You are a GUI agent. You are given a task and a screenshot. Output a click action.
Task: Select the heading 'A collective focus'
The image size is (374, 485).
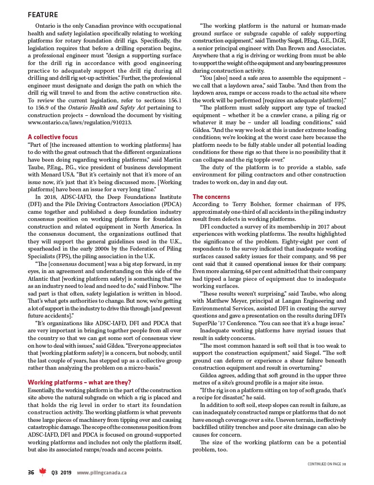click(x=53, y=137)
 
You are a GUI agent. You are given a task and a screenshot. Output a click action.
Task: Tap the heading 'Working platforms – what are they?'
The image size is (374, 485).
click(x=79, y=382)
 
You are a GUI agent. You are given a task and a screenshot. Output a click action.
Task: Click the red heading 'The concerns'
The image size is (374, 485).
click(x=211, y=197)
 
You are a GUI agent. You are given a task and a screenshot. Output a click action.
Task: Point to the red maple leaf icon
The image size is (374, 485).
click(x=43, y=472)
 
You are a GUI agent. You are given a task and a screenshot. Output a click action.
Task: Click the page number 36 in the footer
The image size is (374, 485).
click(x=31, y=473)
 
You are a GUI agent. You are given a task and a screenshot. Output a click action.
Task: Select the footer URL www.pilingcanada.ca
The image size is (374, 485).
click(x=102, y=473)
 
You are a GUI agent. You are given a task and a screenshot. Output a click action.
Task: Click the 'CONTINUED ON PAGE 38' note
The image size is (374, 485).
click(x=327, y=463)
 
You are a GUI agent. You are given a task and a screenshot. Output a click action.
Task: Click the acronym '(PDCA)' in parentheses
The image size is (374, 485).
click(x=170, y=204)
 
